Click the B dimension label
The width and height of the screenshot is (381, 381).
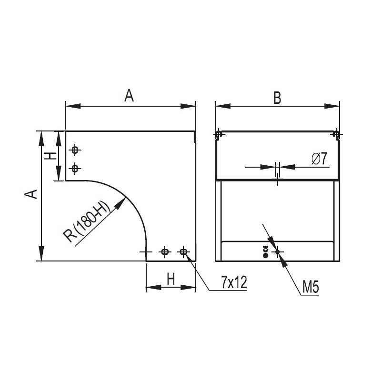(x=277, y=98)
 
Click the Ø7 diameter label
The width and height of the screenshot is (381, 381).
(x=320, y=159)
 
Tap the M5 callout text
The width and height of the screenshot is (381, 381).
(x=311, y=287)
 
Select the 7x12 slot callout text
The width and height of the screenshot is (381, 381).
(x=234, y=282)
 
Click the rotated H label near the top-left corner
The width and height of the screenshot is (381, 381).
(x=50, y=156)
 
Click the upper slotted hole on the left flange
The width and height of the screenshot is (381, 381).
(x=75, y=150)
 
